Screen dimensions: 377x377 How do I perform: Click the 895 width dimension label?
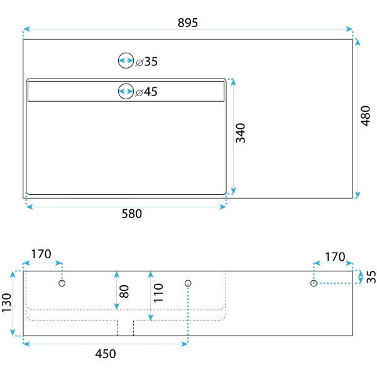click(187, 23)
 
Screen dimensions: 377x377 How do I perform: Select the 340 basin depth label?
click(240, 133)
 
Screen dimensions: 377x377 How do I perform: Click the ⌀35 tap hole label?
click(147, 62)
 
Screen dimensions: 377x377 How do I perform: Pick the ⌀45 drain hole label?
click(147, 92)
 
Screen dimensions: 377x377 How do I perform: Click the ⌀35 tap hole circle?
click(126, 61)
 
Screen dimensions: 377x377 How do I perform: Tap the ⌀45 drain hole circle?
click(126, 91)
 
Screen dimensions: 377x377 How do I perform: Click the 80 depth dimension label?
click(124, 290)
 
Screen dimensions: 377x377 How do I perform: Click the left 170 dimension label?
click(41, 255)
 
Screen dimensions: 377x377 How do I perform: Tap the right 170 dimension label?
click(335, 257)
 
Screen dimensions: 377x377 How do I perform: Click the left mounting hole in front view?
click(62, 284)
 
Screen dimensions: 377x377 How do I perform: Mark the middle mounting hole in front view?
click(187, 284)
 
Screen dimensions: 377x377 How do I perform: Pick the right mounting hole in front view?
click(314, 284)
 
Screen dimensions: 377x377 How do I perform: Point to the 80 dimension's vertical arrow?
click(116, 290)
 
